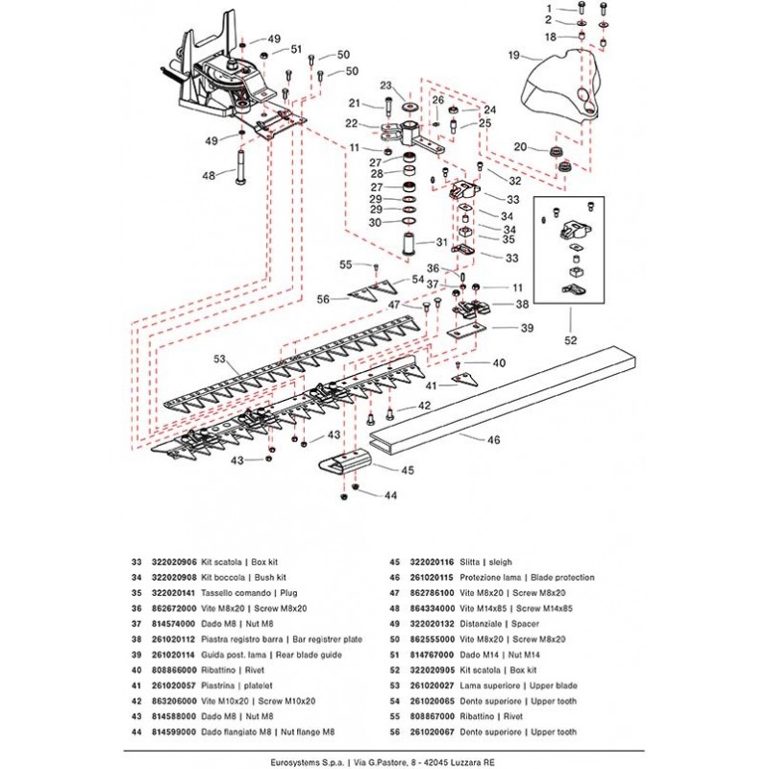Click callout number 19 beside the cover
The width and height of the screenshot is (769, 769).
coord(513,55)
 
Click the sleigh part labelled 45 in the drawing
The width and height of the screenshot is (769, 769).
coord(342,460)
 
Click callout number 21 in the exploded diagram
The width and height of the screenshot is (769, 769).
coord(353,103)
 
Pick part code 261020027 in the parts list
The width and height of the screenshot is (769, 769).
coord(435,683)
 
